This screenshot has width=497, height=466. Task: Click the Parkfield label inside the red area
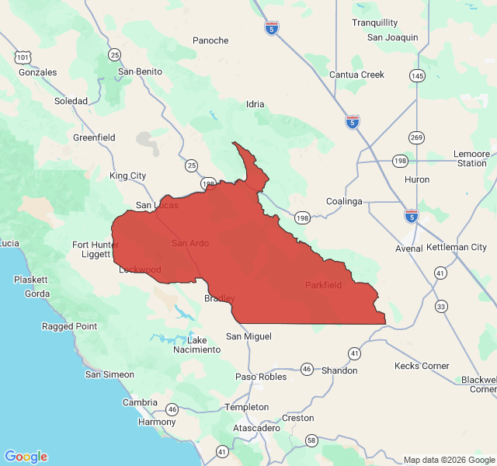point(323,285)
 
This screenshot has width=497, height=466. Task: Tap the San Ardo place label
point(190,243)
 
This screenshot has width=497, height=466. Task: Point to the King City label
point(128,176)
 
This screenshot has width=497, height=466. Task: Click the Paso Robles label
point(261,377)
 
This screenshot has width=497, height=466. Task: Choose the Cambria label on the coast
point(140,402)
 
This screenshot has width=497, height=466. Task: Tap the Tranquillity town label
point(374,23)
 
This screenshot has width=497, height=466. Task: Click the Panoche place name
point(210,40)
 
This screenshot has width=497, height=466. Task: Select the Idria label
point(255,104)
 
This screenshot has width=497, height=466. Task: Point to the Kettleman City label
point(457,247)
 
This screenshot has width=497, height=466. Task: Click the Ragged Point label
point(69,326)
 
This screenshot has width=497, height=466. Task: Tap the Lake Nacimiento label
point(203,345)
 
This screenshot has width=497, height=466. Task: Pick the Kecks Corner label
point(422,366)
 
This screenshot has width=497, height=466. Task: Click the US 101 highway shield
point(23,57)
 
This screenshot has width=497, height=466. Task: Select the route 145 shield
point(418,75)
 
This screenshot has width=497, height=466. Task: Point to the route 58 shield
point(310,440)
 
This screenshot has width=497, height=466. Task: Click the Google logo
point(26,457)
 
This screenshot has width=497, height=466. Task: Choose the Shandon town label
point(339,370)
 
